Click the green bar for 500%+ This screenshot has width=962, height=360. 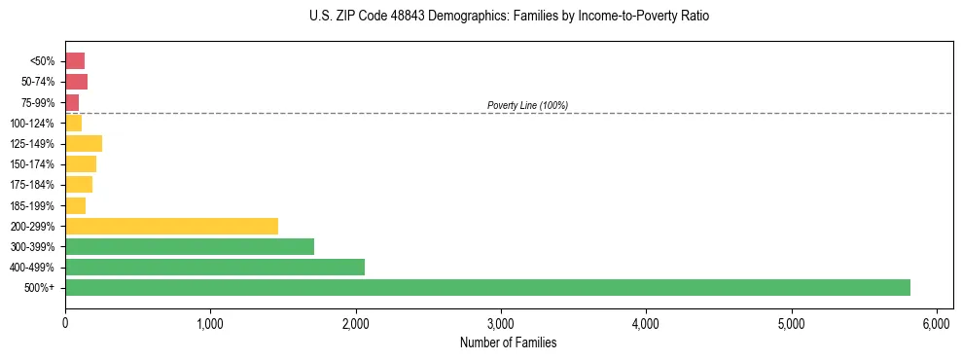tap(486, 287)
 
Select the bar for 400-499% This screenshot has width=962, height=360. tap(214, 267)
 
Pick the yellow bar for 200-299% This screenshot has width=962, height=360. tap(171, 226)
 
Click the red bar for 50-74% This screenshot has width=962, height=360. tap(76, 82)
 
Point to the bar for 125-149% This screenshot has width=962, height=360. tap(84, 143)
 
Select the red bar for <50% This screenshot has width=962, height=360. tap(75, 61)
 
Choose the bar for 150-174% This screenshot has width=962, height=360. tap(81, 163)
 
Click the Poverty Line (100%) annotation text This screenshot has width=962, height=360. tap(527, 105)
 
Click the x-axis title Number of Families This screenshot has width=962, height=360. tap(509, 342)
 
